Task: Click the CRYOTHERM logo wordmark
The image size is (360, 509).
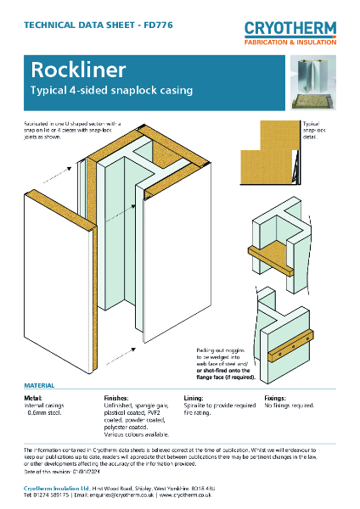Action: tap(290, 29)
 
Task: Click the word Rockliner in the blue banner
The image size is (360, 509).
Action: tap(68, 70)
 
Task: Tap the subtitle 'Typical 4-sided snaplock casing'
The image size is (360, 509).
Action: tap(112, 90)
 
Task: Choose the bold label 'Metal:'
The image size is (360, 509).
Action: tap(33, 396)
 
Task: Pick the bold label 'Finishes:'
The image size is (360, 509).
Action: tap(115, 396)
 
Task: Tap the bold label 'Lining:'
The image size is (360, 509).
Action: tap(194, 396)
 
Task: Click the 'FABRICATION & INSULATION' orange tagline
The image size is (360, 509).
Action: tap(290, 42)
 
